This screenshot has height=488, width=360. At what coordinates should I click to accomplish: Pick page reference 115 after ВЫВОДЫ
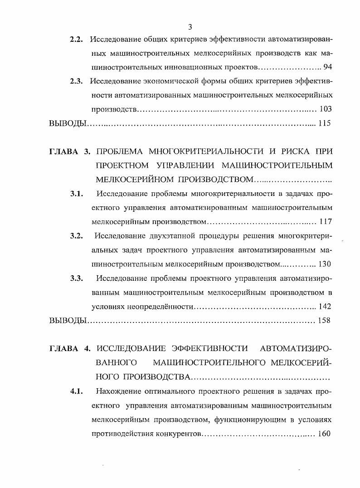(325, 123)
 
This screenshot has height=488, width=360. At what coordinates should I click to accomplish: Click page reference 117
(326, 222)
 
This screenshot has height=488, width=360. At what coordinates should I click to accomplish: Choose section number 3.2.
(76, 236)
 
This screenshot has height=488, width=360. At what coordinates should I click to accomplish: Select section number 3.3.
(76, 278)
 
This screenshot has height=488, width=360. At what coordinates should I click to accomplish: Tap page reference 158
(324, 321)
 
